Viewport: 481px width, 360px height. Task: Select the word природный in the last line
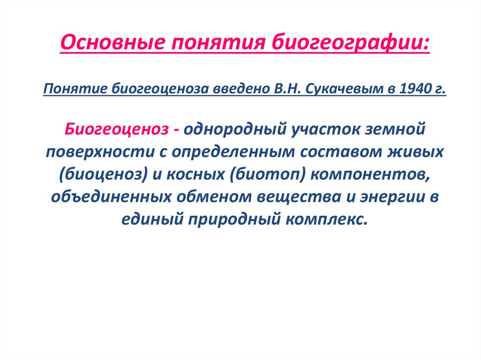pyautogui.click(x=235, y=219)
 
